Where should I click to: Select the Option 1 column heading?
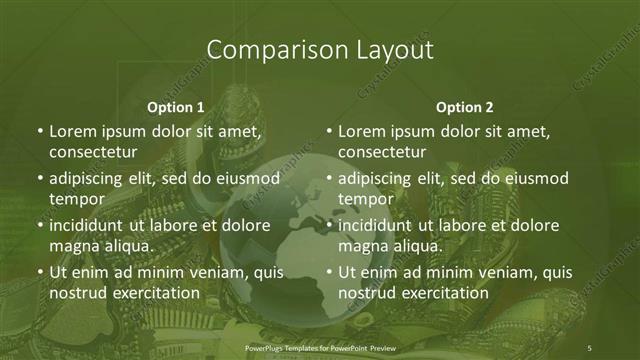(x=175, y=107)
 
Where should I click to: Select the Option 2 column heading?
(x=465, y=107)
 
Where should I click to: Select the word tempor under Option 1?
(x=73, y=199)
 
